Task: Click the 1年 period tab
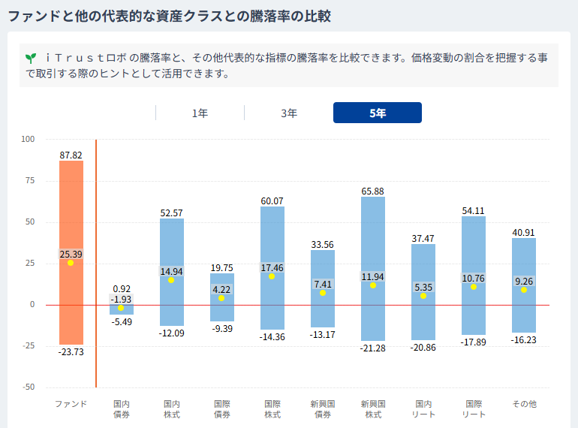click(x=200, y=113)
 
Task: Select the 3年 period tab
click(x=289, y=113)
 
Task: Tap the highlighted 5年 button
click(x=378, y=113)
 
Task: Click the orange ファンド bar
click(x=71, y=252)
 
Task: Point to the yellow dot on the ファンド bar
click(x=71, y=263)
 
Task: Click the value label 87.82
click(x=71, y=155)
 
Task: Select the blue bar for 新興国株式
click(x=373, y=269)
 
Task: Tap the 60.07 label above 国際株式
click(x=272, y=201)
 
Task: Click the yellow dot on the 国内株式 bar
click(x=171, y=280)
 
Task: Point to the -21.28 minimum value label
click(x=372, y=348)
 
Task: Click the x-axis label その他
click(x=524, y=404)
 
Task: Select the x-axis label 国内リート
click(x=423, y=409)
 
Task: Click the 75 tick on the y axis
click(x=30, y=180)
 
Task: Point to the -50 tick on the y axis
click(x=29, y=387)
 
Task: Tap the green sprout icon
click(x=31, y=59)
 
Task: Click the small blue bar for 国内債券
click(x=122, y=309)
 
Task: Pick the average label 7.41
click(x=323, y=285)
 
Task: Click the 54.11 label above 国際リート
click(x=474, y=211)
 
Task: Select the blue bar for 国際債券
click(x=222, y=297)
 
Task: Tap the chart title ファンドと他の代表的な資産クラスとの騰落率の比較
click(x=169, y=17)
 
